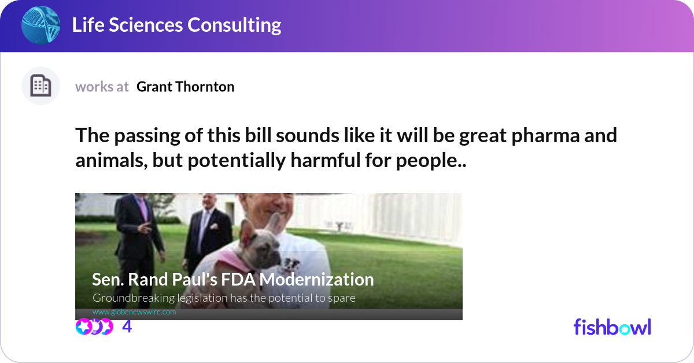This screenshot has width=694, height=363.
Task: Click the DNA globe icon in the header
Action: (x=40, y=25)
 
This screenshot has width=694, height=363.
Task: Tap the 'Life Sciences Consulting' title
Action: (x=176, y=25)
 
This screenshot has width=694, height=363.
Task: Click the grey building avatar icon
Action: (x=40, y=86)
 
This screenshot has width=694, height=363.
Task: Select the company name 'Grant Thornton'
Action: (x=185, y=87)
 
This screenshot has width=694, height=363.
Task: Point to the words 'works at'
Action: (x=102, y=87)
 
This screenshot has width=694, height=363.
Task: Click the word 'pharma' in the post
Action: (x=545, y=136)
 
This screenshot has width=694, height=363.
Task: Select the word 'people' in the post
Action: (x=427, y=161)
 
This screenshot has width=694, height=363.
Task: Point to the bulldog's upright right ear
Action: (x=275, y=224)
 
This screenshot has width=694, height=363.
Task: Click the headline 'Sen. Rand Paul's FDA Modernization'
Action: (x=233, y=279)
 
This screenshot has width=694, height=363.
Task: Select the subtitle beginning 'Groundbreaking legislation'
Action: (x=224, y=298)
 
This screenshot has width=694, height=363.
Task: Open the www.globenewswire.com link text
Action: (x=134, y=312)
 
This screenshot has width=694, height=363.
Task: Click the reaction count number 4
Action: (x=127, y=327)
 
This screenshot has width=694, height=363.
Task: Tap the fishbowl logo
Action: (x=612, y=327)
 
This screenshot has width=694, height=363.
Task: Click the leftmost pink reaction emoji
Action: (x=83, y=327)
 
